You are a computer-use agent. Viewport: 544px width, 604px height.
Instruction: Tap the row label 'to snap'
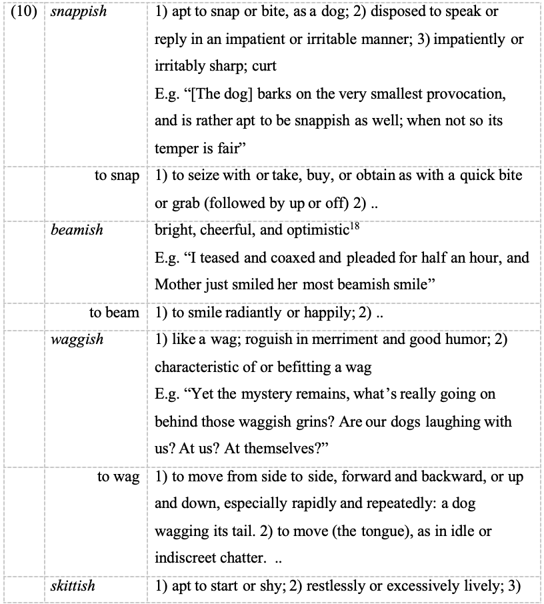coord(117,176)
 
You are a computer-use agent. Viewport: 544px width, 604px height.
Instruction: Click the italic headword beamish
coord(77,230)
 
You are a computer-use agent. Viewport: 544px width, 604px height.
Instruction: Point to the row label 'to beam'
coord(114,312)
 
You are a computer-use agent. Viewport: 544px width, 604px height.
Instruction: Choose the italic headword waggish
coord(77,339)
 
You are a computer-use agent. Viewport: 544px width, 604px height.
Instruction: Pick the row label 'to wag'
coord(118,476)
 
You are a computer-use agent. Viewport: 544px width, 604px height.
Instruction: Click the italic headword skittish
coord(73,586)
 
